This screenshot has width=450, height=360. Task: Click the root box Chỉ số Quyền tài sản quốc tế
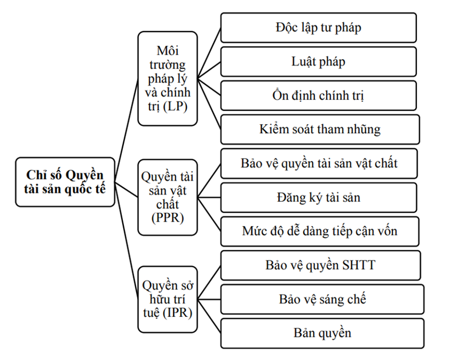65,182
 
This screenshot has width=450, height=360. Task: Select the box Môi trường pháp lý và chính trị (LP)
168,78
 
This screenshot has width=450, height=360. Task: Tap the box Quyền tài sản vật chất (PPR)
168,197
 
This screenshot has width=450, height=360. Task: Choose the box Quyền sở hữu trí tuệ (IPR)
168,299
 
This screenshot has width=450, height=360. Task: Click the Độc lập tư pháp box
319,28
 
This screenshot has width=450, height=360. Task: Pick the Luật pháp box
319,62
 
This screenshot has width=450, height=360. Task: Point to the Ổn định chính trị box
319,95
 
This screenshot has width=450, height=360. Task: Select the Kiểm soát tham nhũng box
320,129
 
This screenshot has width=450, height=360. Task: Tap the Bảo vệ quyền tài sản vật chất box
319,163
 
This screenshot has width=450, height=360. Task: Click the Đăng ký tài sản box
319,197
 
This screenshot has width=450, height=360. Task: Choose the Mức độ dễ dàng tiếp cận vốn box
320,231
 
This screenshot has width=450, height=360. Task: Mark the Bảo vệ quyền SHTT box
321,266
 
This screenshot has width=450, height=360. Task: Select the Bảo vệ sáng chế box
322,299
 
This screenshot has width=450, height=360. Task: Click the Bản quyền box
322,333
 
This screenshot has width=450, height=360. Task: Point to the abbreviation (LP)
175,107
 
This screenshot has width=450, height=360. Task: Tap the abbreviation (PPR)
168,218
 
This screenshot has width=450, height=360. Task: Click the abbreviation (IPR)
178,313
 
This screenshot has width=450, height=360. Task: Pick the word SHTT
359,265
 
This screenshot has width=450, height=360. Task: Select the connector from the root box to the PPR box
127,189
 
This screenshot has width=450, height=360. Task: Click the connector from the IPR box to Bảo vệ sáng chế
209,300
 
